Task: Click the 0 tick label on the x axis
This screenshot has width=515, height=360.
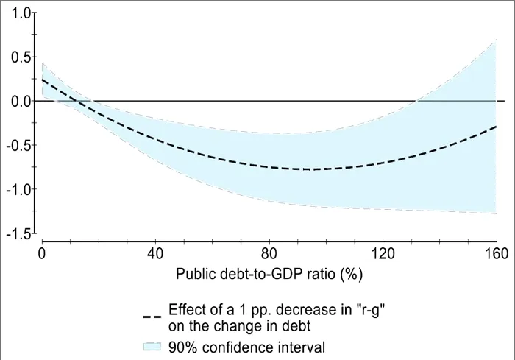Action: tap(42, 254)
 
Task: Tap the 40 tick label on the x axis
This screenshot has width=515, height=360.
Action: tap(155, 254)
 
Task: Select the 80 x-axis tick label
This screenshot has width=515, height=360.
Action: tap(269, 254)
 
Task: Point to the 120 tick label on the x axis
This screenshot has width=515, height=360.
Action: tap(383, 254)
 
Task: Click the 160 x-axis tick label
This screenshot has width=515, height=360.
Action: tap(497, 254)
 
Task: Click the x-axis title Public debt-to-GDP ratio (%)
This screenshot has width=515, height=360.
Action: tap(269, 274)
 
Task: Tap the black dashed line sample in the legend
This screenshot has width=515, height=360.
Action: tap(152, 317)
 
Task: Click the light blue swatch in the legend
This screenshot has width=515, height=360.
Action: tap(152, 345)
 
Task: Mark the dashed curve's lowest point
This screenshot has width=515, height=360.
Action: tap(313, 169)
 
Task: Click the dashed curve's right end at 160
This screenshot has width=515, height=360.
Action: tap(497, 127)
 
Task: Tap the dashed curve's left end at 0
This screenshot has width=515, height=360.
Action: tap(42, 79)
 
